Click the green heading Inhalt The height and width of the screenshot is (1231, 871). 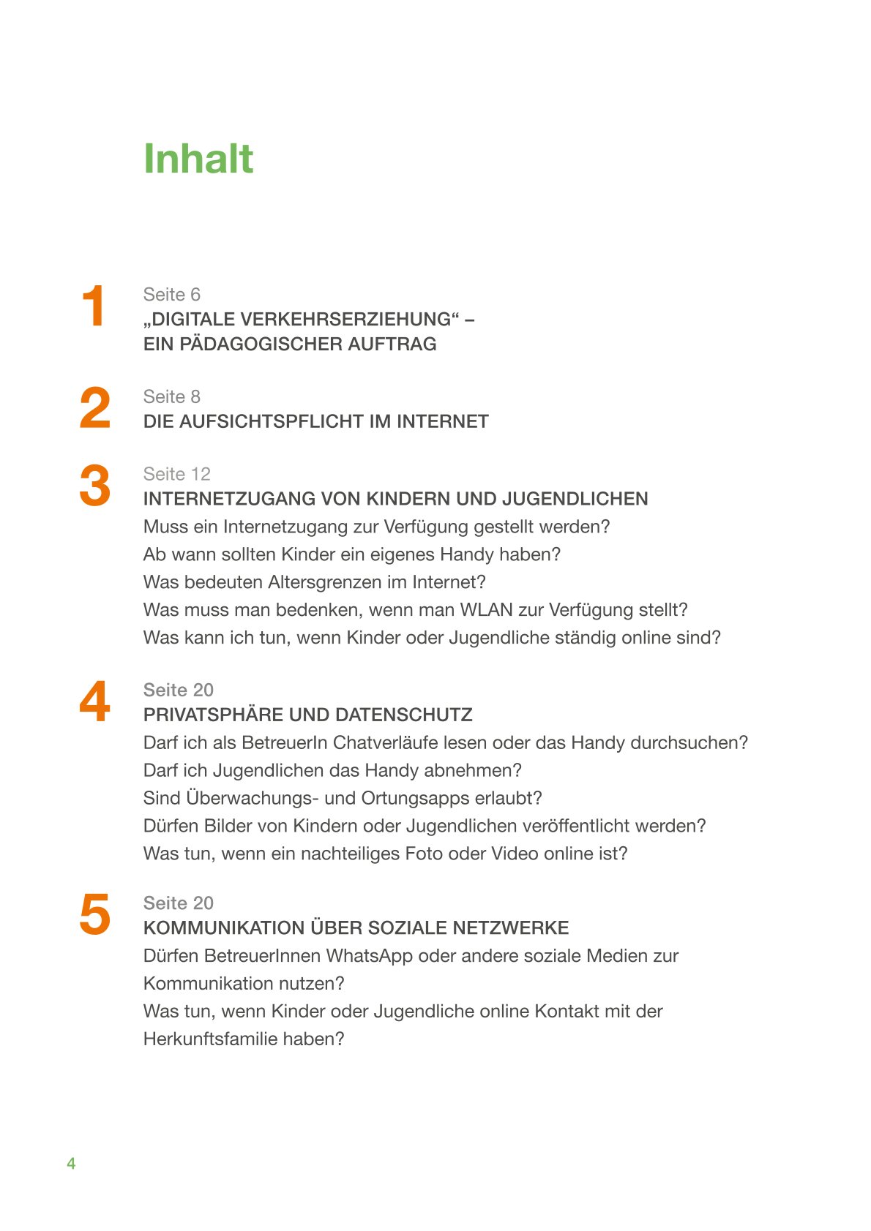198,159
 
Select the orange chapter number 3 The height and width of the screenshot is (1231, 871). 94,486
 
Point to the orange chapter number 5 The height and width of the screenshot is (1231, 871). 94,914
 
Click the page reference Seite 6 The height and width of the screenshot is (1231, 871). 171,294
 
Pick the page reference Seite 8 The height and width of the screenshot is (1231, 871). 171,396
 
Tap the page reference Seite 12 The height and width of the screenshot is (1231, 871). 176,474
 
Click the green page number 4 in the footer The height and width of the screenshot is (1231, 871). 71,1163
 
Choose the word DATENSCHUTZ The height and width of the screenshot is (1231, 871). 406,715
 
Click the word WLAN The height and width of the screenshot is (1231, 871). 486,610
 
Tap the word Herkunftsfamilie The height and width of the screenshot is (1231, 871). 211,1039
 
